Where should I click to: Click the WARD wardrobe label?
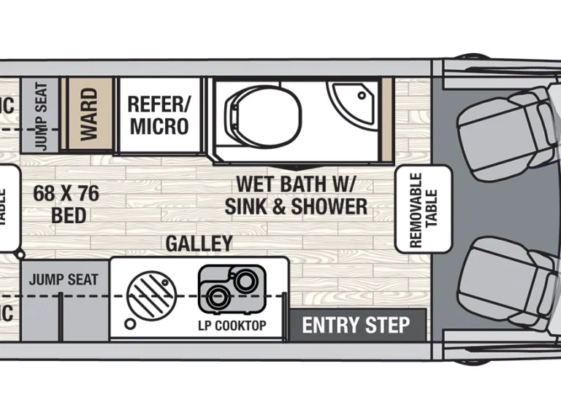[x=89, y=114]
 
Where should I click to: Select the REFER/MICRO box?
[x=159, y=114]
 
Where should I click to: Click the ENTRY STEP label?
[x=357, y=325]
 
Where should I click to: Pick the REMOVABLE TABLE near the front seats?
[x=424, y=209]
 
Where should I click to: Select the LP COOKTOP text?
[x=232, y=325]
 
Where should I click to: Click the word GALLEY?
[x=199, y=244]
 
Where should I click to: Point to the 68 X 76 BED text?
[x=66, y=205]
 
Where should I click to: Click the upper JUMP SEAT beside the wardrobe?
[x=41, y=114]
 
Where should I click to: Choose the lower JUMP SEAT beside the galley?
[x=64, y=279]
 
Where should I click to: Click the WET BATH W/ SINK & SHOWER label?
[x=296, y=195]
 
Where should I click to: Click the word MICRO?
[x=159, y=125]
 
